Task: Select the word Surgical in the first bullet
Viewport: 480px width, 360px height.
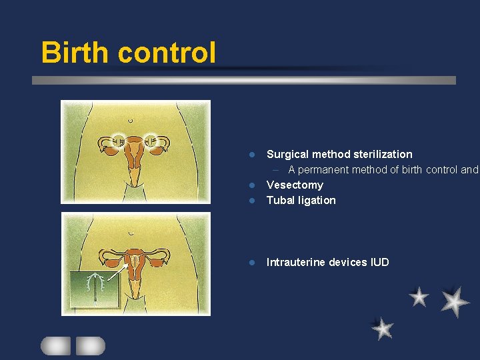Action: pyautogui.click(x=288, y=154)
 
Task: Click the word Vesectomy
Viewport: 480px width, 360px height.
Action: pyautogui.click(x=295, y=185)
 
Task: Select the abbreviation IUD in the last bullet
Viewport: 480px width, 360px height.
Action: pyautogui.click(x=379, y=262)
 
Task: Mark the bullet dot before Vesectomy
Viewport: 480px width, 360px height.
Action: pyautogui.click(x=252, y=185)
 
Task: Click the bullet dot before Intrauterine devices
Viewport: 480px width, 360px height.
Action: pyautogui.click(x=252, y=263)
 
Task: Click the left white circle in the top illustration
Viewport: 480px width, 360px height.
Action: pyautogui.click(x=119, y=141)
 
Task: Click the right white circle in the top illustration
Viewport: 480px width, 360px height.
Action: pyautogui.click(x=152, y=141)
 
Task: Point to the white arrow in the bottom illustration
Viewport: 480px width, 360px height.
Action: pyautogui.click(x=118, y=270)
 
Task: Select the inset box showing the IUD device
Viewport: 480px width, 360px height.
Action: pyautogui.click(x=95, y=289)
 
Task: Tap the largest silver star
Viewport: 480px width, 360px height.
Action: pyautogui.click(x=455, y=301)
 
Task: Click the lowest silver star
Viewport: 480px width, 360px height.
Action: pyautogui.click(x=382, y=328)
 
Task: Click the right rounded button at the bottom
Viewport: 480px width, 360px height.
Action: pyautogui.click(x=90, y=345)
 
